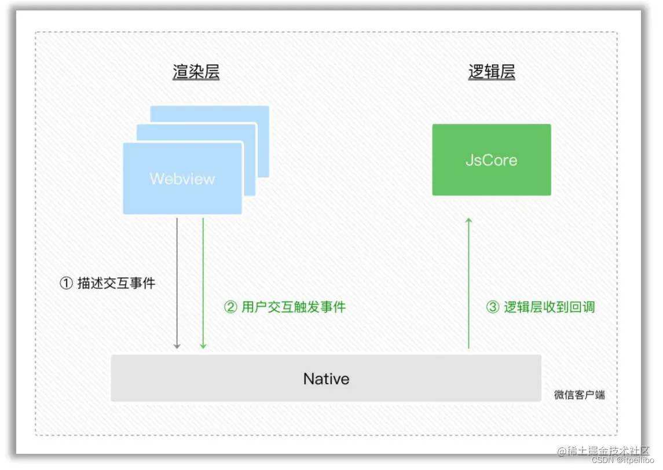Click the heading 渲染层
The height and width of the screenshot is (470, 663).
[196, 72]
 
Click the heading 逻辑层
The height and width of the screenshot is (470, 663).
[491, 72]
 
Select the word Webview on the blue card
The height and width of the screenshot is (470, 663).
[182, 178]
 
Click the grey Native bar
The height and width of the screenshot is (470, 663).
[232, 379]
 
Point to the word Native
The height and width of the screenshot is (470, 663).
[326, 379]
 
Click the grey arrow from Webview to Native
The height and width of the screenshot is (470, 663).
[177, 284]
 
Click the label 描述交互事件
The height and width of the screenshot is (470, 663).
[116, 283]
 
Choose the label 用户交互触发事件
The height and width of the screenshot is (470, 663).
[294, 307]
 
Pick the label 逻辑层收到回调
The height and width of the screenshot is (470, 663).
[549, 307]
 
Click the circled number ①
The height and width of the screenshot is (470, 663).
[67, 283]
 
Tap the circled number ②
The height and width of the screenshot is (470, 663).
[230, 307]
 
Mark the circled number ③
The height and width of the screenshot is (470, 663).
[492, 307]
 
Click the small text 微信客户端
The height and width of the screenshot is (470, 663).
[579, 395]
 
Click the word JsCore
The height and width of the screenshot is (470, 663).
[491, 160]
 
